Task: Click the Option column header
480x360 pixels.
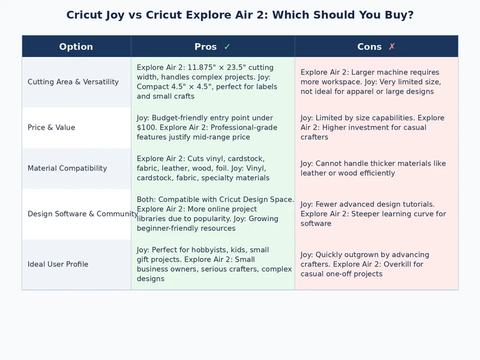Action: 76,47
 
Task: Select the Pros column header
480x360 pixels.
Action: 206,47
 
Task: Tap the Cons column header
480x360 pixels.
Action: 370,47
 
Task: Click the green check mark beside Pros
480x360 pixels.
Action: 227,47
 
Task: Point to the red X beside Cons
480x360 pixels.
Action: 392,47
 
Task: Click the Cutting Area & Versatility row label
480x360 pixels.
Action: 73,82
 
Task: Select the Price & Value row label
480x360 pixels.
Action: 52,127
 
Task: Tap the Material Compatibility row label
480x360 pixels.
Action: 67,168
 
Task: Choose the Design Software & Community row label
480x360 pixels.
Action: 83,214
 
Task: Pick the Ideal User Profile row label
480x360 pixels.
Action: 58,264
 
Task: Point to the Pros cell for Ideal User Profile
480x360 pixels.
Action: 212,264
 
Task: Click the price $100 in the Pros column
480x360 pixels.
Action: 146,127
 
